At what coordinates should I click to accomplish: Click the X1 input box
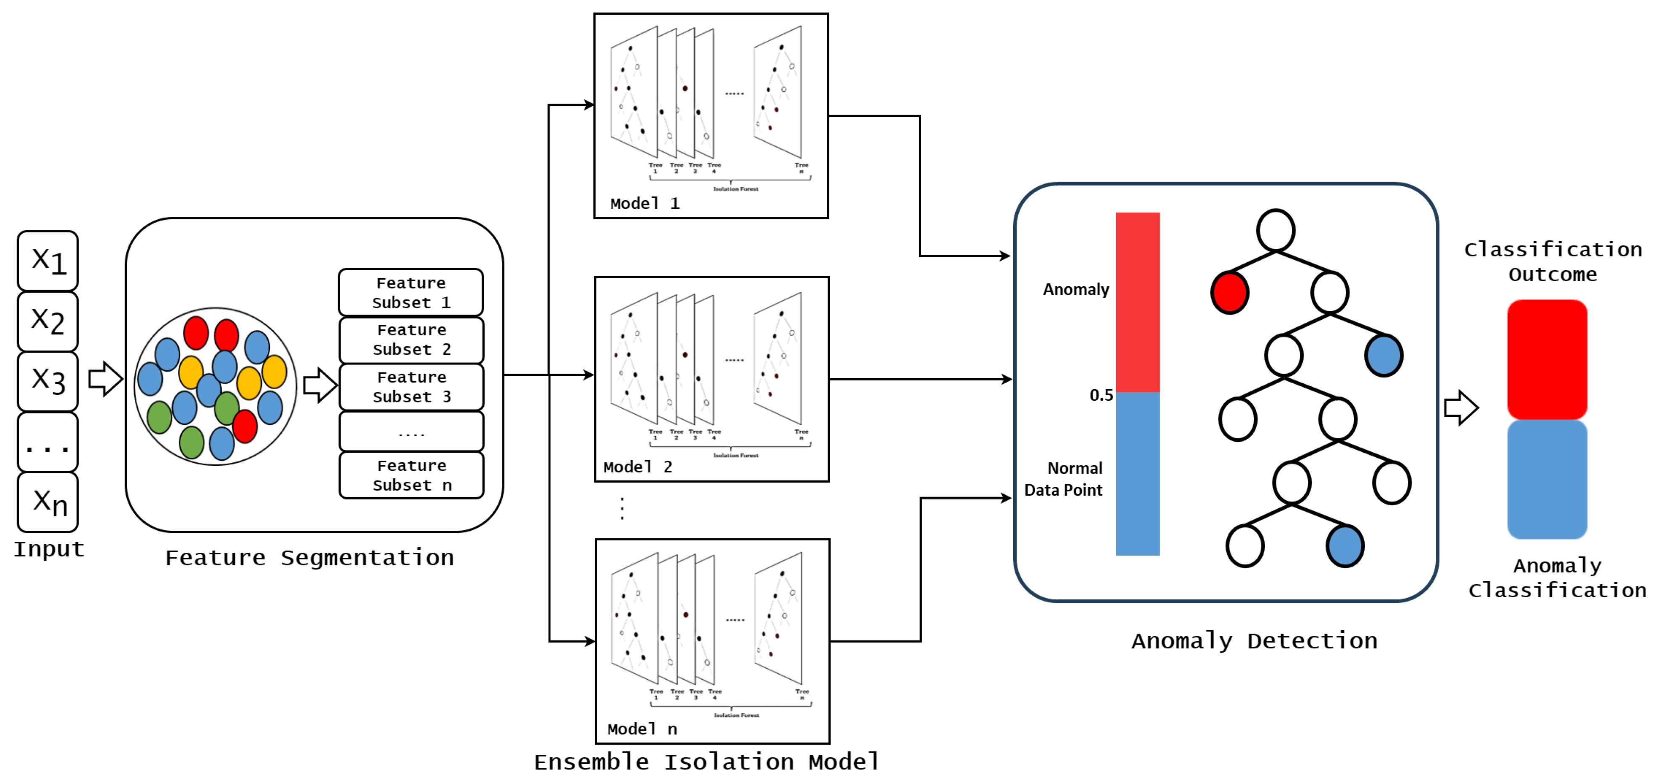point(48,260)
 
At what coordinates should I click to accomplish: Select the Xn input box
point(48,502)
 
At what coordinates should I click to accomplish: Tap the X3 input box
point(48,381)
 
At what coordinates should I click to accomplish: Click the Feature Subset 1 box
point(411,293)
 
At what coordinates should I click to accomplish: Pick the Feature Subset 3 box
point(411,387)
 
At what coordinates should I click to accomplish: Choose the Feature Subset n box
point(411,475)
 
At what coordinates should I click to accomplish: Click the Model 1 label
point(644,203)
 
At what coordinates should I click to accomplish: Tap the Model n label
point(642,729)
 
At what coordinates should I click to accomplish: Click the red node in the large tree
point(1229,293)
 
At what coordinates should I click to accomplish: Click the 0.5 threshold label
point(1101,395)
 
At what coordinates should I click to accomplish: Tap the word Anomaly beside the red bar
point(1075,289)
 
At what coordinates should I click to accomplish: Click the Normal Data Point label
point(1064,479)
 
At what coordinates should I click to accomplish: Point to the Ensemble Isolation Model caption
point(706,762)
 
